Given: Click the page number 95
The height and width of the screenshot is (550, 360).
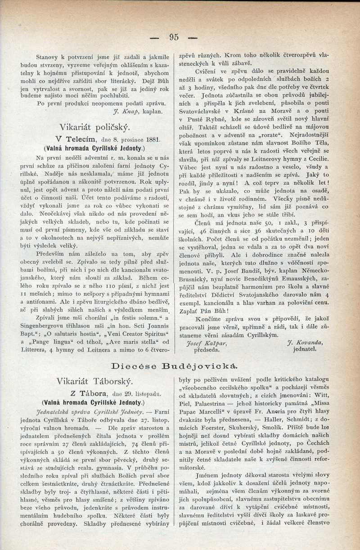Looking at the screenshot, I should point(174,37).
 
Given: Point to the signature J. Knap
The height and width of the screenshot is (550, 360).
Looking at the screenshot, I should point(126,111).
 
